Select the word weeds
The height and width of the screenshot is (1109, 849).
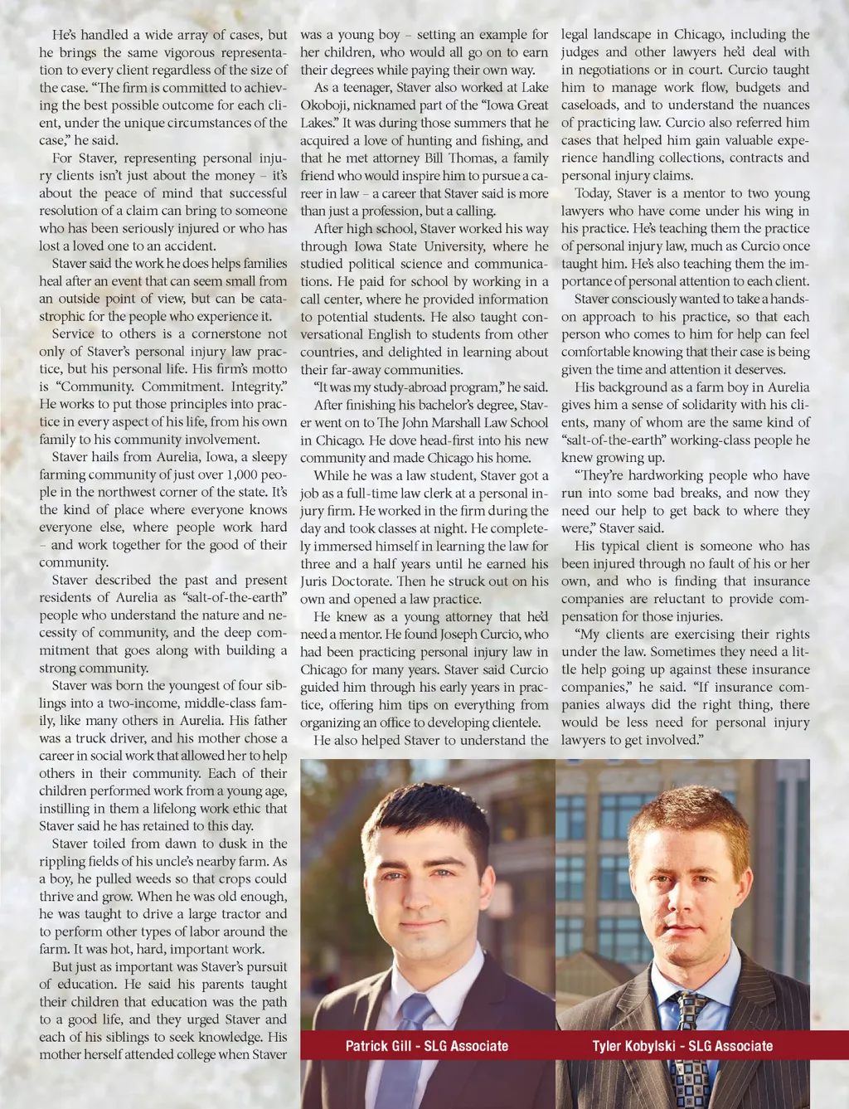145,879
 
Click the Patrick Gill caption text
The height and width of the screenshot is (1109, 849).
427,1046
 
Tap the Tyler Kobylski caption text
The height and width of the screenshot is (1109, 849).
682,1046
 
